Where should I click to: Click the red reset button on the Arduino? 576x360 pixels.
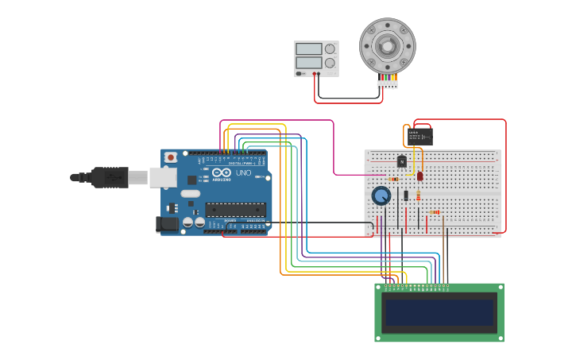pos(170,157)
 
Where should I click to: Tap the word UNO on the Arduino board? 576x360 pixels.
pos(243,172)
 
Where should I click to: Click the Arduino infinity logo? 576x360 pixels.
pos(222,172)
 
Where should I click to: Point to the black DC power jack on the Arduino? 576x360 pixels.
pos(167,224)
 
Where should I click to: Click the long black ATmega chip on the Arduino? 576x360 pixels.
pos(235,210)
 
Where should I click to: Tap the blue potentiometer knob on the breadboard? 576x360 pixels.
pos(381,195)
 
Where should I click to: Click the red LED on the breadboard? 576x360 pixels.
pos(420,176)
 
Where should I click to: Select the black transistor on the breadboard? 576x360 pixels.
pos(402,161)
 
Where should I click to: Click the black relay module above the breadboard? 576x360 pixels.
pos(419,136)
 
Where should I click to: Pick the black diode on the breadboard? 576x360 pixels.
pos(405,195)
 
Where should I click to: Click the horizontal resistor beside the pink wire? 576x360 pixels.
pos(394,179)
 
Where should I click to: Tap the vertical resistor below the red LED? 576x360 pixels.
pos(419,192)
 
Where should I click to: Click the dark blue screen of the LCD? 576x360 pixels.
pos(439,312)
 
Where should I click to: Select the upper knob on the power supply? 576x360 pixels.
pos(330,48)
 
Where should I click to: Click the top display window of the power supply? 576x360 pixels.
pos(308,48)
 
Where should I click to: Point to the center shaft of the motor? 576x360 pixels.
pos(388,46)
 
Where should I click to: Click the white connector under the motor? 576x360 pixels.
pos(387,83)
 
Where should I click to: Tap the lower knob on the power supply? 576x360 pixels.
pos(330,63)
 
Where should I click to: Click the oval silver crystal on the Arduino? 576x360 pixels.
pos(191,193)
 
